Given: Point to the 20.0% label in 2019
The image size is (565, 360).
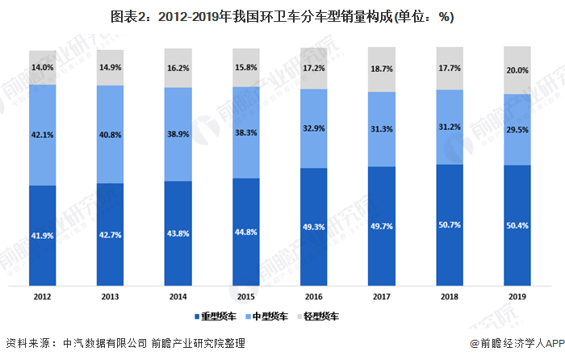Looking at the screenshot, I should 517,70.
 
